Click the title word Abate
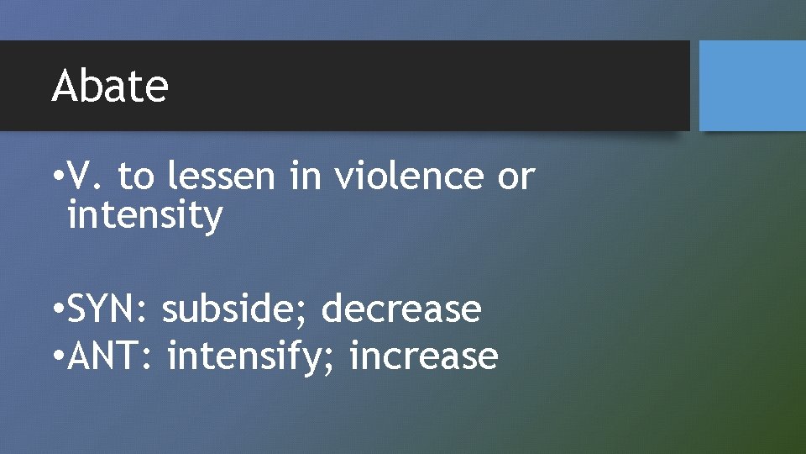(110, 86)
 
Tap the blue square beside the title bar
(752, 85)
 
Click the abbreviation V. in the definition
(86, 177)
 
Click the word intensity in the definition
(144, 215)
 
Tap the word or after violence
(516, 177)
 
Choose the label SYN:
(107, 309)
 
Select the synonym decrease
(401, 309)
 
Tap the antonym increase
(424, 356)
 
